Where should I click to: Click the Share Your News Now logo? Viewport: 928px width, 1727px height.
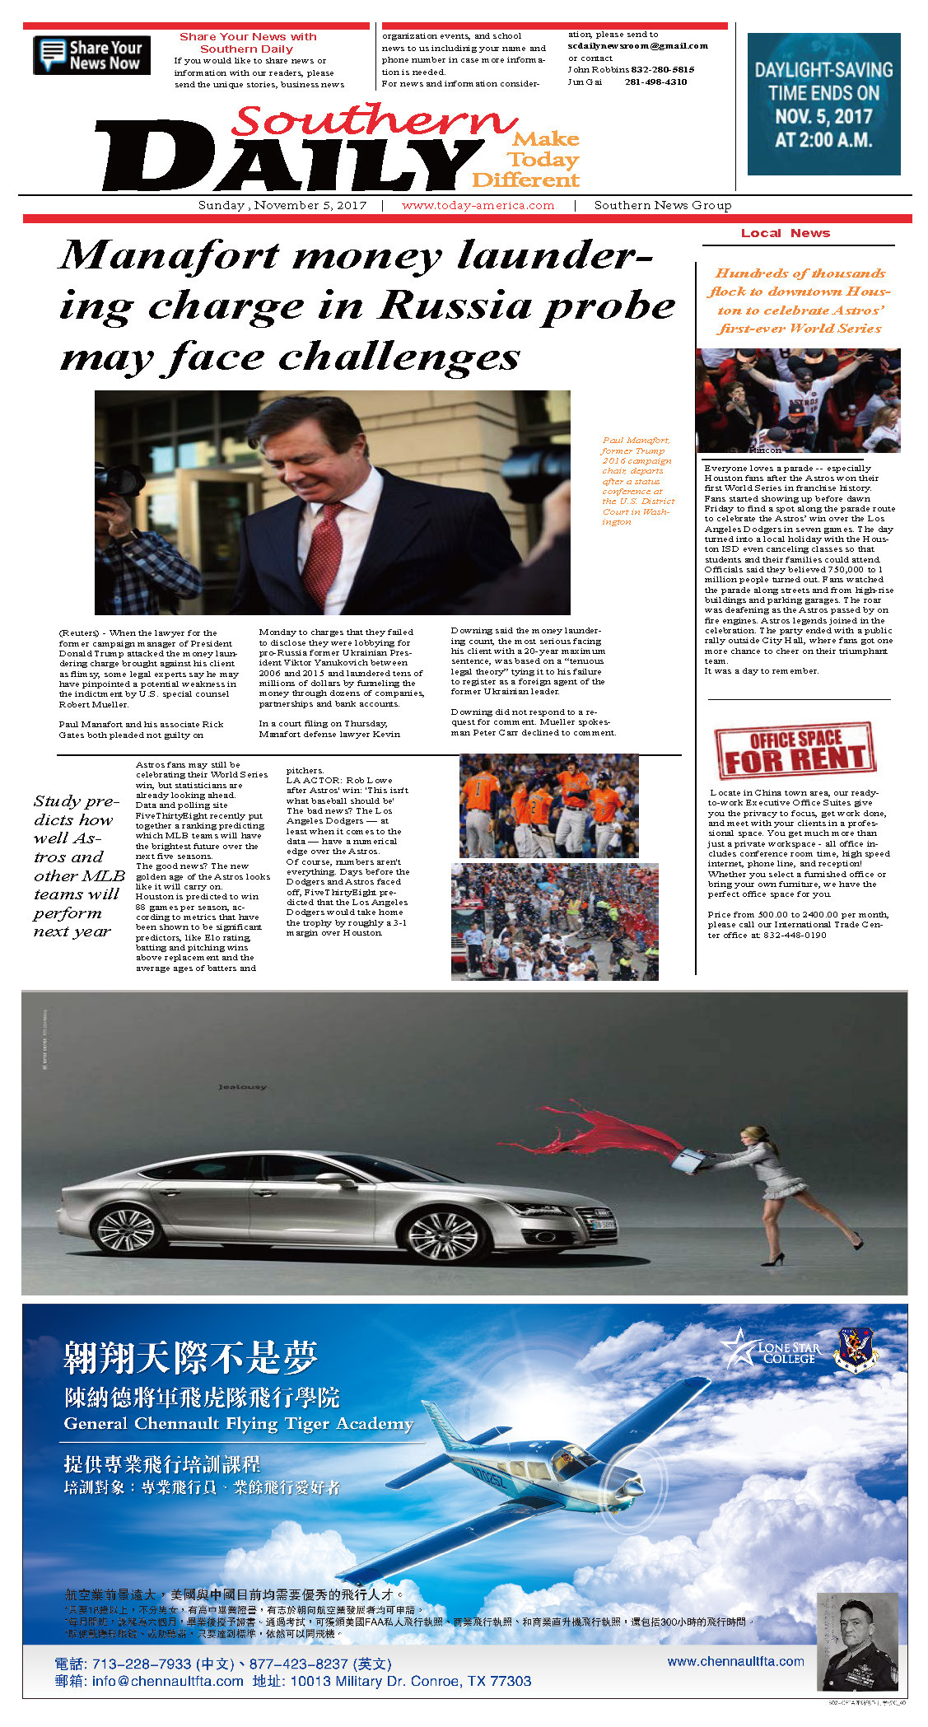(91, 55)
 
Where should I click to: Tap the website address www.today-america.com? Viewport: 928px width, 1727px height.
(478, 206)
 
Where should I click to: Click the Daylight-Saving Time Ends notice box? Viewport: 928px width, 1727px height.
(823, 104)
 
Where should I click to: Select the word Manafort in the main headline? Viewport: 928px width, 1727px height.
(169, 255)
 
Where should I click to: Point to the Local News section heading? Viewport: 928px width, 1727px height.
(785, 234)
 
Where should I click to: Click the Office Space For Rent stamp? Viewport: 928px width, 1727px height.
(795, 750)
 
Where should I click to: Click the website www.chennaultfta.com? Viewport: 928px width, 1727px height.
(735, 1662)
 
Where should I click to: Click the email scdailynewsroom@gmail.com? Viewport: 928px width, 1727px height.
(637, 46)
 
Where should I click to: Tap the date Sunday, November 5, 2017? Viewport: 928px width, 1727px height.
(282, 206)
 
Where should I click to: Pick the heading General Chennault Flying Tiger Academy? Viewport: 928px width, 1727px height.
(238, 1424)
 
